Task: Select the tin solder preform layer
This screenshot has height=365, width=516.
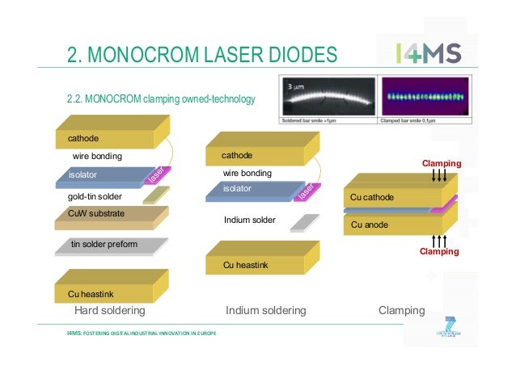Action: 105,245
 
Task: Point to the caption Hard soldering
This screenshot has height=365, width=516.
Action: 109,310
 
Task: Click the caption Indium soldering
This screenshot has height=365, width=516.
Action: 265,310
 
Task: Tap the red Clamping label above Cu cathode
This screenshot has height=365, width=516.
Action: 441,164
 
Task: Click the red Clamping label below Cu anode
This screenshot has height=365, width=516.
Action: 438,252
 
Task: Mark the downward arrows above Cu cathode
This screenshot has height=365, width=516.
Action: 439,175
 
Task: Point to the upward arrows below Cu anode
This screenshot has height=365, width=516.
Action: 439,240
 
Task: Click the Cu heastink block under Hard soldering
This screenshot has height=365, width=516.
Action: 105,291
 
